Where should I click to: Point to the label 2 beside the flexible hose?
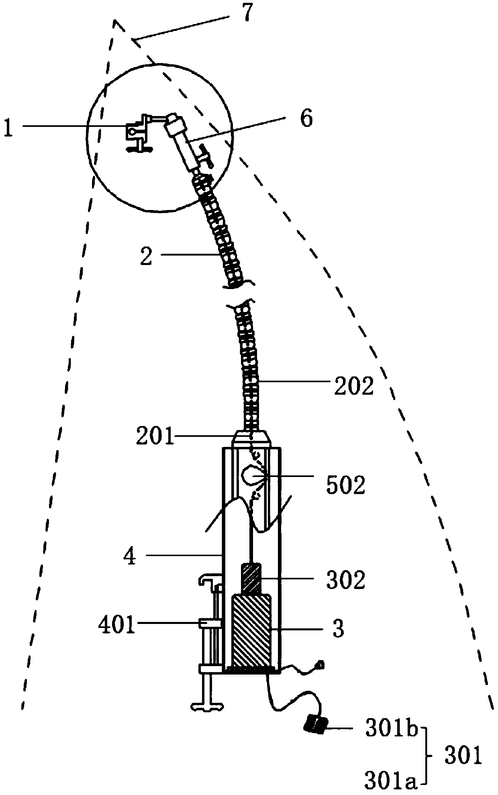pos(147,255)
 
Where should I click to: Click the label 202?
pos(354,386)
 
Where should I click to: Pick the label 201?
pos(155,436)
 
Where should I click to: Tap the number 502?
pos(345,485)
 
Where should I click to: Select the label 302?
pos(345,580)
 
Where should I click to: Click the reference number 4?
pos(130,557)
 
